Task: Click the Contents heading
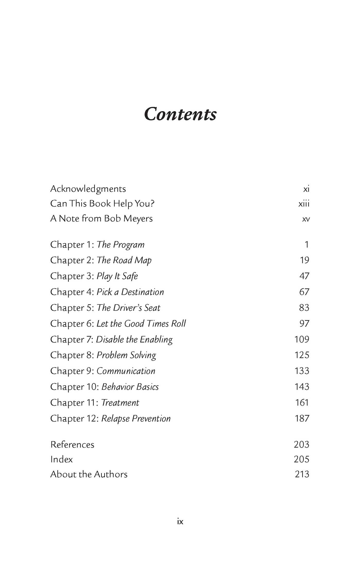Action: pos(180,114)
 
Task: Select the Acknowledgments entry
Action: pos(88,189)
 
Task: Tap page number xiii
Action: pos(304,204)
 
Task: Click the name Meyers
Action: pos(138,219)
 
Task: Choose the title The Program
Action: pos(120,245)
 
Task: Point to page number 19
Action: pos(304,260)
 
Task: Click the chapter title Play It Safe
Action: pos(117,276)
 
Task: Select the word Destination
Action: pos(142,292)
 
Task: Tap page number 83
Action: pos(304,308)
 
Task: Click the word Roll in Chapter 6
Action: pos(178,324)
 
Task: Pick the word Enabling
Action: pos(156,340)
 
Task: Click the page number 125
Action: pos(302,355)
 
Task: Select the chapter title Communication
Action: pos(126,371)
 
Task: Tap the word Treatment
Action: pos(120,403)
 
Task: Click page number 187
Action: pos(302,418)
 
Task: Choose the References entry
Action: pos(72,444)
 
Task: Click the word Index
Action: pos(61,459)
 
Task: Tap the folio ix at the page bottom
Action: pos(180,521)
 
